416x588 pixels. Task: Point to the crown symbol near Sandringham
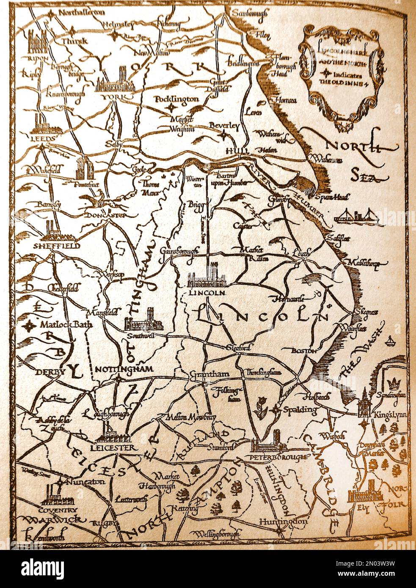click(x=394, y=384)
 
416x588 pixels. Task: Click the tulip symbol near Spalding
click(x=259, y=407)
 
